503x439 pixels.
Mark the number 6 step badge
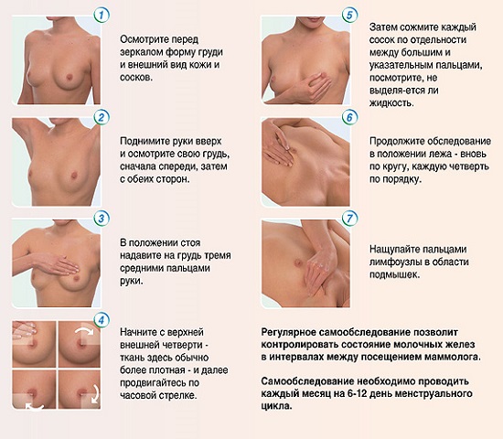pyautogui.click(x=348, y=118)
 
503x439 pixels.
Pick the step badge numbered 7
pyautogui.click(x=348, y=219)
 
